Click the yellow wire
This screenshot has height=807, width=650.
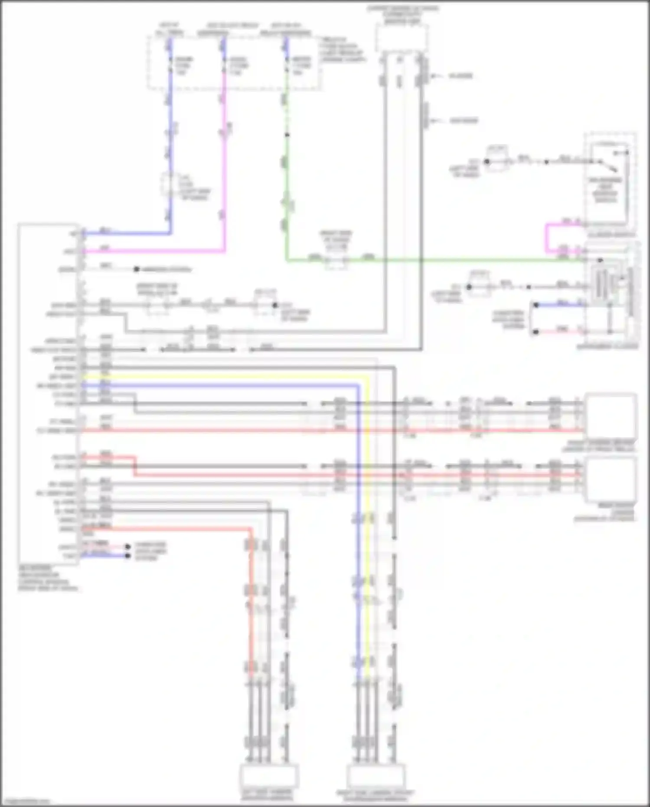point(367,520)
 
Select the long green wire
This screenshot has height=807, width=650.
point(434,260)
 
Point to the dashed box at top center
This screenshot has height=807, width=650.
point(401,38)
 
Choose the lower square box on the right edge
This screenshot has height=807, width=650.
point(611,479)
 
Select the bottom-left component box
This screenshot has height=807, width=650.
point(269,775)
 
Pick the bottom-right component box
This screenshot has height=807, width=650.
point(376,775)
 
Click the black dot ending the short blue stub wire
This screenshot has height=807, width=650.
point(127,555)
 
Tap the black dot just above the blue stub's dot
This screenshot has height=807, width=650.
point(127,547)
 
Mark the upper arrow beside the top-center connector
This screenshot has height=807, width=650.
point(438,76)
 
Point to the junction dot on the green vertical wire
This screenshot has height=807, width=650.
point(287,135)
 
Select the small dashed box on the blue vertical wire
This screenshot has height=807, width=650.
point(167,184)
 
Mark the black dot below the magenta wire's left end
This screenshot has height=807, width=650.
point(136,269)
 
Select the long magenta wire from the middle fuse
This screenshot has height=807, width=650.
point(224,173)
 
